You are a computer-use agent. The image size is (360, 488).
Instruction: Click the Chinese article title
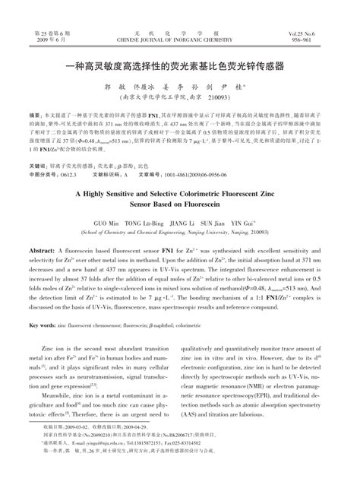click(179, 66)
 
